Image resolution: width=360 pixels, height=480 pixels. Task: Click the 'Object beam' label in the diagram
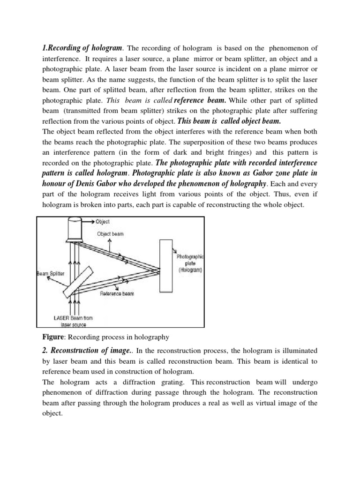pos(110,233)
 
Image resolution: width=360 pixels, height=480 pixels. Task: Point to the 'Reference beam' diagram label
pos(117,294)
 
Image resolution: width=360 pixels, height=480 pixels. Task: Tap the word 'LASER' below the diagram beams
pos(62,318)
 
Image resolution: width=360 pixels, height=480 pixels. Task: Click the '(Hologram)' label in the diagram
pos(190,270)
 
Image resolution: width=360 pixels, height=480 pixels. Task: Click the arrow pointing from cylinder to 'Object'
pos(89,221)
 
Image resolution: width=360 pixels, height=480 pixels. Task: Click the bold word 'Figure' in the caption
pos(48,336)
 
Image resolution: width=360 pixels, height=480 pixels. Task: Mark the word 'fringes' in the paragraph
pos(198,152)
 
